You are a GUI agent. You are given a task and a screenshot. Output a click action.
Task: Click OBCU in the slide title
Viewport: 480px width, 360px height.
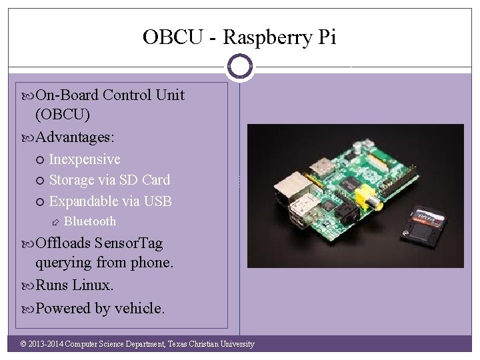[x=172, y=37]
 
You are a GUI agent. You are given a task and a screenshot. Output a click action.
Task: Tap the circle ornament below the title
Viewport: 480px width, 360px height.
[x=239, y=66]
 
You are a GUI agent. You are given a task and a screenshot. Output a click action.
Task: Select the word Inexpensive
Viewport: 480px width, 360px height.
[x=85, y=159]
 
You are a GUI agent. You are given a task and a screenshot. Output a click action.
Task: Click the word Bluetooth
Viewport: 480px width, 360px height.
[x=90, y=221]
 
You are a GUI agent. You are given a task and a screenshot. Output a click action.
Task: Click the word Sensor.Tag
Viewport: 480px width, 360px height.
[x=129, y=243]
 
